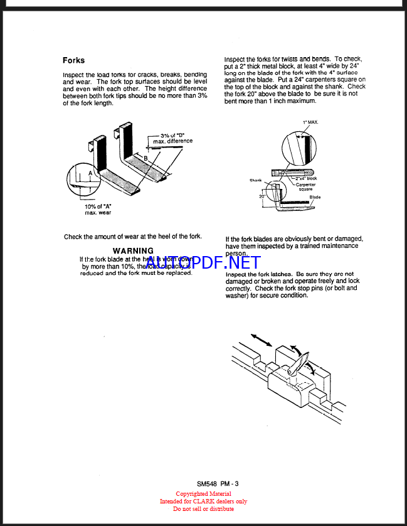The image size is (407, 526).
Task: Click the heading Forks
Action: pyautogui.click(x=73, y=61)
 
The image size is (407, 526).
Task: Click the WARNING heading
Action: pyautogui.click(x=133, y=250)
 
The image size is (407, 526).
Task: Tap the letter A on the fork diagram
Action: pyautogui.click(x=90, y=172)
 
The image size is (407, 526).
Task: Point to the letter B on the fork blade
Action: pyautogui.click(x=146, y=159)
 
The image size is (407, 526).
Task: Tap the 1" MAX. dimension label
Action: pyautogui.click(x=310, y=122)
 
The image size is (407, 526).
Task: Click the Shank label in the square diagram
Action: pyautogui.click(x=255, y=180)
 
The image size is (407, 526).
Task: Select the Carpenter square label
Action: pyautogui.click(x=305, y=187)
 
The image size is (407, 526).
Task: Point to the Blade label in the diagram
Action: pyautogui.click(x=315, y=197)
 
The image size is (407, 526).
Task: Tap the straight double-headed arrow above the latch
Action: pyautogui.click(x=260, y=340)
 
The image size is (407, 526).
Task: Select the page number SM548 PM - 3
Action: pyautogui.click(x=218, y=484)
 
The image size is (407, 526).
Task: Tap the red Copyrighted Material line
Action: pyautogui.click(x=203, y=494)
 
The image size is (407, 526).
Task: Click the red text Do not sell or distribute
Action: pyautogui.click(x=203, y=508)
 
